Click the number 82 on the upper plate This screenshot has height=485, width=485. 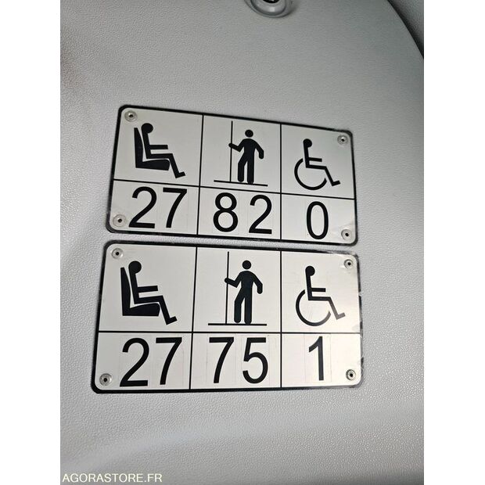pyautogui.click(x=242, y=214)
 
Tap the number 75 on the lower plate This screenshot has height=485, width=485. pyautogui.click(x=238, y=360)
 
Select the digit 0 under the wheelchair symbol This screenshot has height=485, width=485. pyautogui.click(x=318, y=221)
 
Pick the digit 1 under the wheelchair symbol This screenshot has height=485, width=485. pyautogui.click(x=318, y=358)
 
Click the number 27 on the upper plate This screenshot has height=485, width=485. pyautogui.click(x=158, y=208)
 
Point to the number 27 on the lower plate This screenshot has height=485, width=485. pyautogui.click(x=151, y=362)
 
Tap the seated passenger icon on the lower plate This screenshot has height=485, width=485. pyautogui.click(x=148, y=293)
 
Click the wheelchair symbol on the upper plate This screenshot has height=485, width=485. pyautogui.click(x=316, y=164)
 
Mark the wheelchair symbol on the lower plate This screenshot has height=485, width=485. pyautogui.click(x=319, y=296)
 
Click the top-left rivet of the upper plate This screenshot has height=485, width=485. pyautogui.click(x=130, y=116)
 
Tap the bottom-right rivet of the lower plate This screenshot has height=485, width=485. pyautogui.click(x=350, y=374)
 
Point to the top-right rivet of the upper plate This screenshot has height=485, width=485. pyautogui.click(x=343, y=139)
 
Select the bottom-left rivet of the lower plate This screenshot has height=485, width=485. pyautogui.click(x=105, y=379)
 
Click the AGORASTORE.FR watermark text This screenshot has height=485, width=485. pyautogui.click(x=112, y=478)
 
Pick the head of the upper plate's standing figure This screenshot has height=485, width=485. pyautogui.click(x=249, y=133)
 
